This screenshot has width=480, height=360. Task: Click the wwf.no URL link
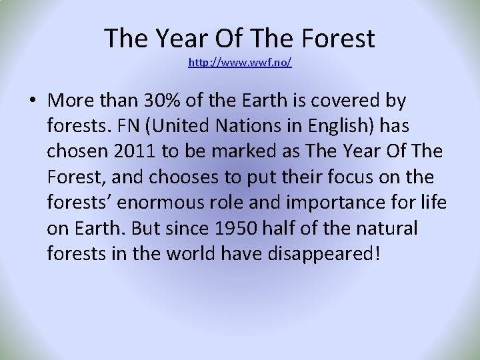point(240,63)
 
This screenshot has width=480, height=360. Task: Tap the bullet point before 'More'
point(32,102)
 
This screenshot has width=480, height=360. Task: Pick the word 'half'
point(274,229)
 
